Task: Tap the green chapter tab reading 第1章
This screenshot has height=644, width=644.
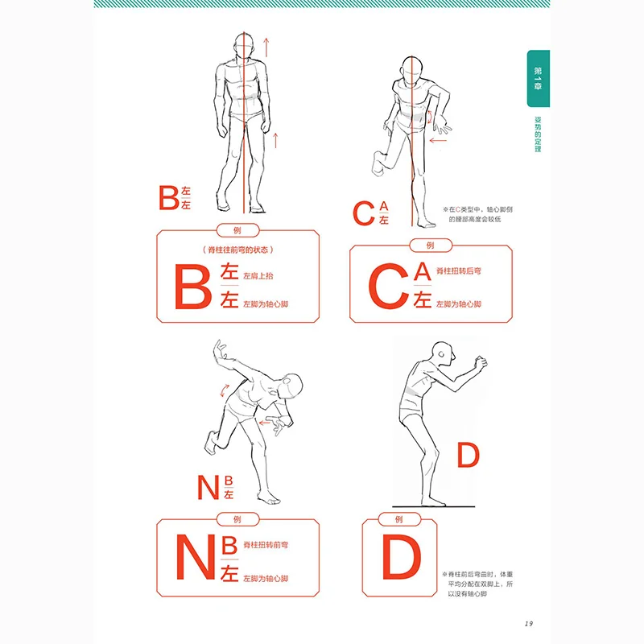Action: click(539, 80)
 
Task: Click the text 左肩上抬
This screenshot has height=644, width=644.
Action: click(258, 276)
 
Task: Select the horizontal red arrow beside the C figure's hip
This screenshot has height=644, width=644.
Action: click(439, 140)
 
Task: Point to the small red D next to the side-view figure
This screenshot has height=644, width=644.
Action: click(468, 456)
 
